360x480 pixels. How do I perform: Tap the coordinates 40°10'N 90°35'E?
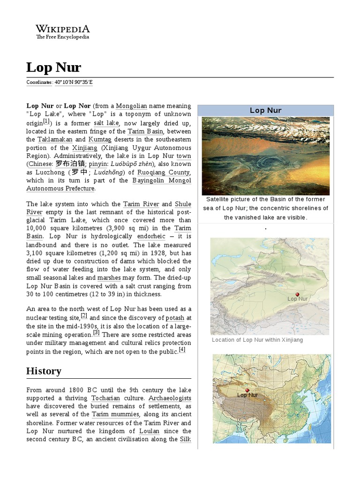pyautogui.click(x=74, y=82)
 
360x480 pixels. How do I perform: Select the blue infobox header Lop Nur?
pyautogui.click(x=265, y=111)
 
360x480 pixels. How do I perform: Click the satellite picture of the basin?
pyautogui.click(x=265, y=156)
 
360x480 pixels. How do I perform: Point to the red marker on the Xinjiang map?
pyautogui.click(x=297, y=294)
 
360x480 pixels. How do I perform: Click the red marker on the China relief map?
pyautogui.click(x=247, y=390)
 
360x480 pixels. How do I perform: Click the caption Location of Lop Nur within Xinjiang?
pyautogui.click(x=257, y=340)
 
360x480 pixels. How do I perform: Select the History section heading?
pyautogui.click(x=44, y=371)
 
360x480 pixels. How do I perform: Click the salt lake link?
pyautogui.click(x=107, y=123)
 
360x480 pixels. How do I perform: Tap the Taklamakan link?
pyautogui.click(x=55, y=140)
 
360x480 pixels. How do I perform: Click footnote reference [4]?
pyautogui.click(x=182, y=350)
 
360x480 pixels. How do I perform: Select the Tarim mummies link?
pyautogui.click(x=115, y=414)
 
